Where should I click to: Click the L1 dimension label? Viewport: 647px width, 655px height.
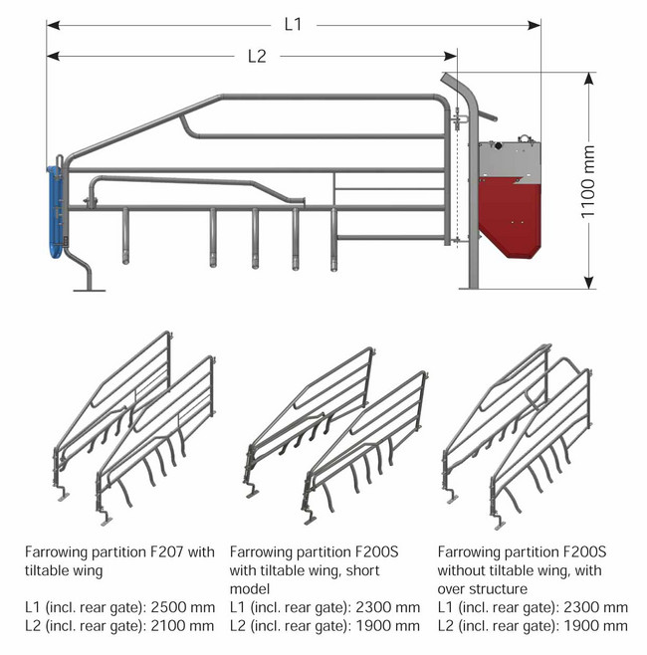click(x=293, y=25)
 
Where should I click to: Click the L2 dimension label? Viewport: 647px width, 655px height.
click(x=257, y=56)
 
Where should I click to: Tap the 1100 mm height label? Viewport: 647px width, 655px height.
click(x=587, y=181)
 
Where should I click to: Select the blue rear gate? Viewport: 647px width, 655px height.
click(x=55, y=212)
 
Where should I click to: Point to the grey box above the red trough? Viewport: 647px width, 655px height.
click(x=510, y=162)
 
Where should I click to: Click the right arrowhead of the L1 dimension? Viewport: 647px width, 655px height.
click(x=534, y=25)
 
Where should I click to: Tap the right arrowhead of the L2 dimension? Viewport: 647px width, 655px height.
click(x=450, y=56)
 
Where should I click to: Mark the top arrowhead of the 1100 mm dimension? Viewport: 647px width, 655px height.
click(x=588, y=79)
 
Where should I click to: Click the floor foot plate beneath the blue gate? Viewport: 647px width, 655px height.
click(x=90, y=290)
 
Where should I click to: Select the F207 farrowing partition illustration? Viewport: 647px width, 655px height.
click(x=134, y=428)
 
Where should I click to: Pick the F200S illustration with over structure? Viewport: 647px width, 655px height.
click(x=517, y=437)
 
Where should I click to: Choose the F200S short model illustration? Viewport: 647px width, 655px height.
click(x=335, y=436)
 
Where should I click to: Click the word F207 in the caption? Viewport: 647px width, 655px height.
click(x=166, y=551)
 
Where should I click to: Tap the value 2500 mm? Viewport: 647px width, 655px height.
click(x=183, y=607)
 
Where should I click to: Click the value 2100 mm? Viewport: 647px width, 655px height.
click(x=182, y=626)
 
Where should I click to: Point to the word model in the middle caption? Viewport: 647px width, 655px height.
click(x=250, y=588)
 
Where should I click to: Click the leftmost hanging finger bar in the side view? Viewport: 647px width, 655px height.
click(x=125, y=236)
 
